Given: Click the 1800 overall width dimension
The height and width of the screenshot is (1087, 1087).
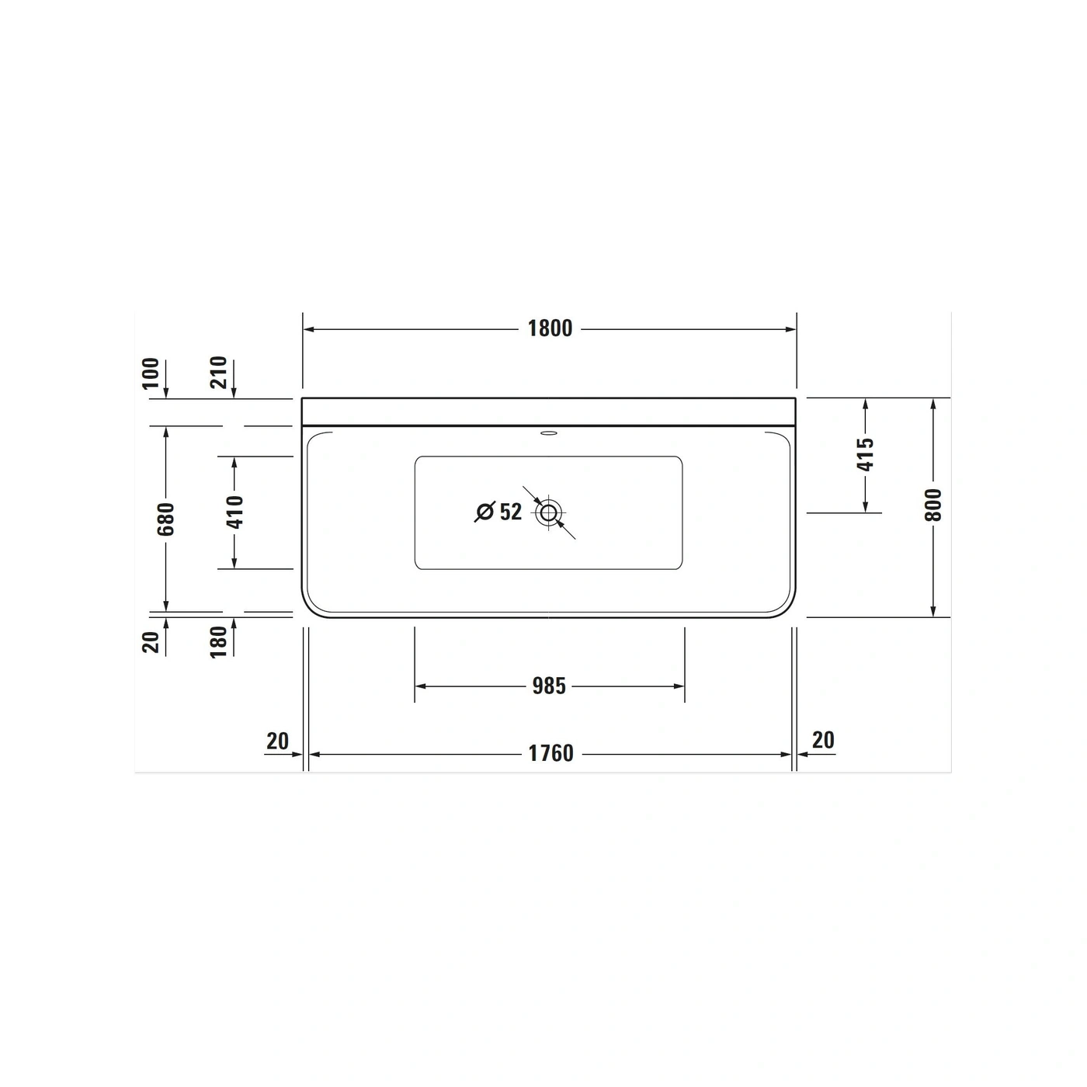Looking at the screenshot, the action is [x=550, y=328].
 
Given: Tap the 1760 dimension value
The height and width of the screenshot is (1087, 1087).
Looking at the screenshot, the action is [x=550, y=753].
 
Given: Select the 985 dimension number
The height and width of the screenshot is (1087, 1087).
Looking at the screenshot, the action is [x=549, y=686].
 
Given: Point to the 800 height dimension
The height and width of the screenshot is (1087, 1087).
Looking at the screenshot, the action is [x=933, y=505].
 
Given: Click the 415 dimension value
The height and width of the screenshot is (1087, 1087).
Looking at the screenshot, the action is [x=865, y=454].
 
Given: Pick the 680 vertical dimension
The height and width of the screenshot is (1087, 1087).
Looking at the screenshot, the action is [x=166, y=519].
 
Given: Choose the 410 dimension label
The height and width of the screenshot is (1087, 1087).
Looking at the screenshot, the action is [x=234, y=512].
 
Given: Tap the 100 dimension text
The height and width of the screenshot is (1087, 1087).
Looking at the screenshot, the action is [x=151, y=373].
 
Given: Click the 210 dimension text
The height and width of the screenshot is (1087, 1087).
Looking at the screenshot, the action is [x=218, y=373].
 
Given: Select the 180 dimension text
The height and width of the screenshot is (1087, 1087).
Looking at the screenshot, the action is [x=218, y=642].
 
